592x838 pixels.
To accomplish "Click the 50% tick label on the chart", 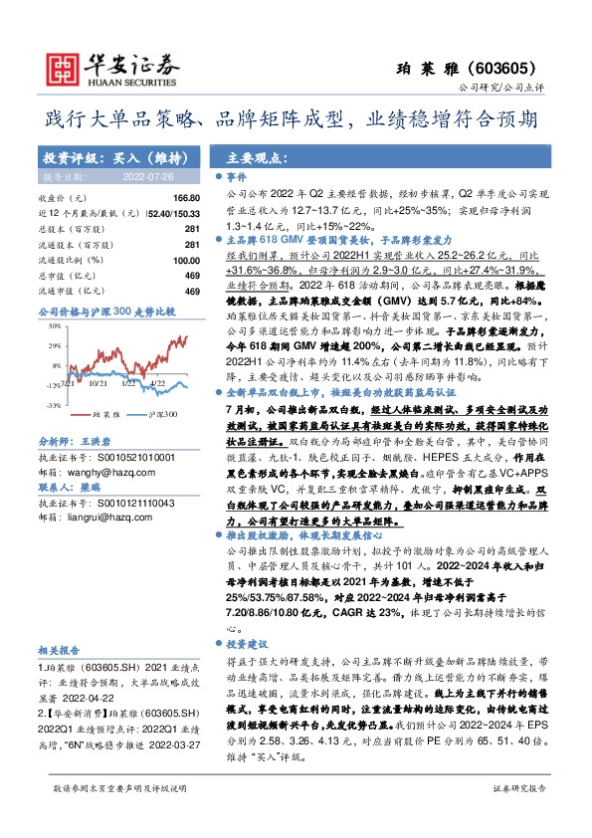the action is pyautogui.click(x=52, y=323).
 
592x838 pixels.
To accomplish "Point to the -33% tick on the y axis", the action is pyautogui.click(x=52, y=405).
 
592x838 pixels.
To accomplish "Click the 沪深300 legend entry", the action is pyautogui.click(x=163, y=413).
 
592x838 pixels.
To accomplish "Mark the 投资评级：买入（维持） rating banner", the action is pyautogui.click(x=108, y=157).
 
